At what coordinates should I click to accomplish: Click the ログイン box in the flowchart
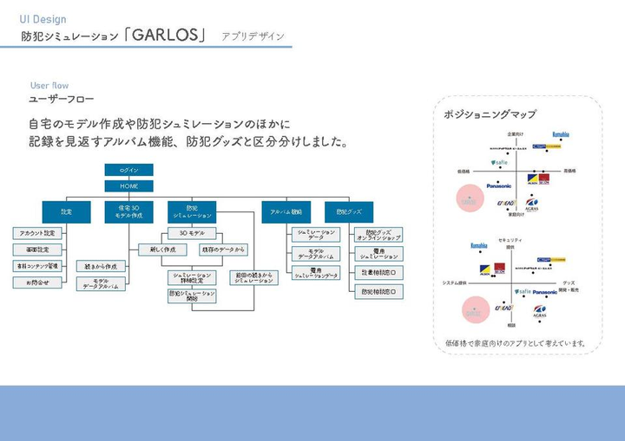[129, 170]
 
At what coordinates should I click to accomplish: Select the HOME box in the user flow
[129, 185]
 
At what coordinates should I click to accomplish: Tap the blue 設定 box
[66, 211]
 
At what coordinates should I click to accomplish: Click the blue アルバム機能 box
[286, 211]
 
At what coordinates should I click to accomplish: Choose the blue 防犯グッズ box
[349, 211]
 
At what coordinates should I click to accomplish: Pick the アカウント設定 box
[37, 233]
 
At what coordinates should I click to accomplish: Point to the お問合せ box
[37, 282]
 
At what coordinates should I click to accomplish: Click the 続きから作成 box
[99, 266]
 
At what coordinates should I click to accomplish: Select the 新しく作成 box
[162, 250]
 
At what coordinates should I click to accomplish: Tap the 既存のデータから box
[223, 250]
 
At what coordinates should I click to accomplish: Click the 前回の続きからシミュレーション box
[253, 278]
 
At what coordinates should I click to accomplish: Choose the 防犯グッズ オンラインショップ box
[378, 235]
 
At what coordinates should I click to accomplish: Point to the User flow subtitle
[49, 85]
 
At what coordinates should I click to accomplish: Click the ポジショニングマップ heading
[490, 113]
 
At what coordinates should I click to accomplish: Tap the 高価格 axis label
[569, 172]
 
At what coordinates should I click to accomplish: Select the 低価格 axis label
[463, 172]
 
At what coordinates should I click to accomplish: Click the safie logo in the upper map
[498, 162]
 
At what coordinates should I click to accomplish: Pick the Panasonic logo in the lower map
[545, 292]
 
